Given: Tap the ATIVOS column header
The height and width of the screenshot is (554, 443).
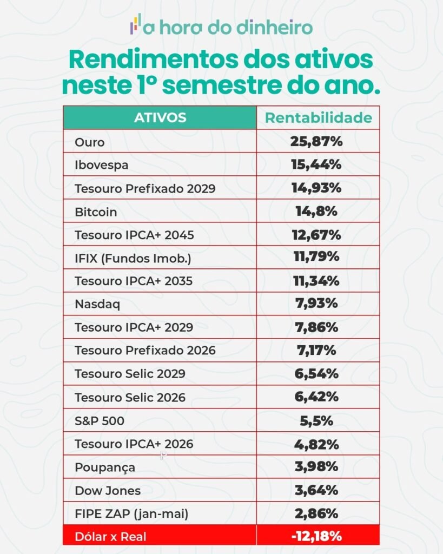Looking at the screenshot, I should (x=160, y=117).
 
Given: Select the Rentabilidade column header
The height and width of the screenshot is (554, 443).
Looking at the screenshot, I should (x=318, y=118).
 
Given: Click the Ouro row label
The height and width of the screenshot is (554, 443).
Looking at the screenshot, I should (x=89, y=143).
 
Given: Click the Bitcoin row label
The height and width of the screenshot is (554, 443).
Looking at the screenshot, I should (x=96, y=212).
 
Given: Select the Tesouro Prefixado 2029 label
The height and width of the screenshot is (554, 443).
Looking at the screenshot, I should (x=145, y=189).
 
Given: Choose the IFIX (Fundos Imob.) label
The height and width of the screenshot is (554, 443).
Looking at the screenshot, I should (x=133, y=259).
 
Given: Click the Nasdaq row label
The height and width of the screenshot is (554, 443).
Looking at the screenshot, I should (x=97, y=304).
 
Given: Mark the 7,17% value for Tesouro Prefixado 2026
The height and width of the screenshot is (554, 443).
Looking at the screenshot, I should (x=318, y=350).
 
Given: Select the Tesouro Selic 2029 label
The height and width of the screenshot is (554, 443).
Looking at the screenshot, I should (x=130, y=374).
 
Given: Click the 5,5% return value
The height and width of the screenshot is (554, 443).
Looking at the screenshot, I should (x=318, y=420).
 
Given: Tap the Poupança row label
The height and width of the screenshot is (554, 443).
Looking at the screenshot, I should (x=105, y=467).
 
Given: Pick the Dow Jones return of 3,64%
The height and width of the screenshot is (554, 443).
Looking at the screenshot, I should (x=318, y=490).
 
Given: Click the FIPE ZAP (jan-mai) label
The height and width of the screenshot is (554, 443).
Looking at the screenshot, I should (x=131, y=514).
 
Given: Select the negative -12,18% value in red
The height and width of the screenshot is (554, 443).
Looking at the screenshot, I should (x=318, y=537).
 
